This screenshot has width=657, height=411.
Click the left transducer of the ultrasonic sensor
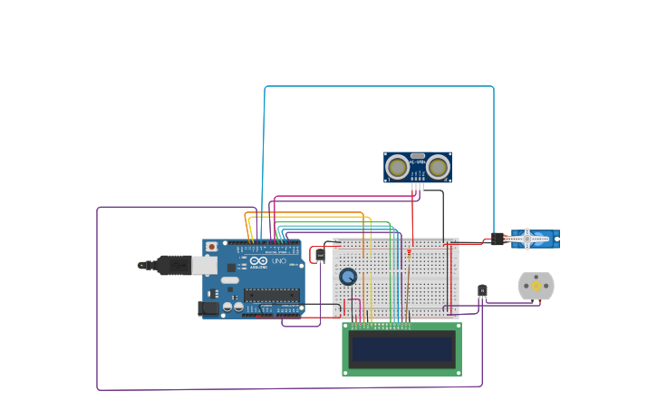click(x=397, y=167)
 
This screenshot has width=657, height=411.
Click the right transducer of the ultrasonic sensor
click(x=439, y=167)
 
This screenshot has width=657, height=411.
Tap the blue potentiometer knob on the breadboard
click(x=348, y=277)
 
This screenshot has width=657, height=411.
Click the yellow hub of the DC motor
click(x=536, y=286)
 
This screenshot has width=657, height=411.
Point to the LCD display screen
click(x=401, y=349)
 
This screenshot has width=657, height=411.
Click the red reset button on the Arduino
click(x=212, y=246)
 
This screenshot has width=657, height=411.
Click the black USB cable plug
click(x=172, y=265)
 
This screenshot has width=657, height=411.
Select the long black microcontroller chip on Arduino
click(x=271, y=294)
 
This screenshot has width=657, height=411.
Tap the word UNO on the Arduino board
click(x=279, y=261)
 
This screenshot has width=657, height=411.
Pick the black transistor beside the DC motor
click(x=482, y=291)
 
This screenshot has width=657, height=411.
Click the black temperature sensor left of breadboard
click(x=320, y=256)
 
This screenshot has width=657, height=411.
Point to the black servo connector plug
click(x=498, y=240)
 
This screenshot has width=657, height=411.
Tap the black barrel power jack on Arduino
click(x=208, y=308)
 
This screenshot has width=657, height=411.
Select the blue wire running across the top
click(x=381, y=87)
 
